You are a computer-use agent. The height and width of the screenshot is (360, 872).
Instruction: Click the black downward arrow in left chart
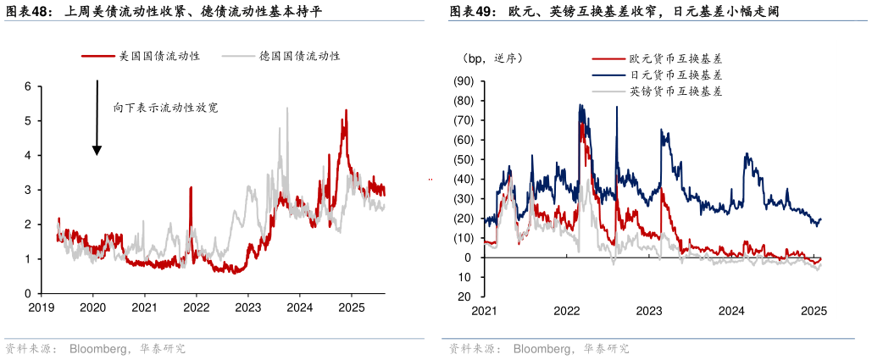tap(97, 119)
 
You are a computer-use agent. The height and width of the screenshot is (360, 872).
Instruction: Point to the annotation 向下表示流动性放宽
tap(166, 108)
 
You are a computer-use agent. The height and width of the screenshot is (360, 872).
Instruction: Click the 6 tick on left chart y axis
tap(28, 86)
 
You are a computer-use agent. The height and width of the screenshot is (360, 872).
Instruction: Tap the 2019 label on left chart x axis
tap(41, 307)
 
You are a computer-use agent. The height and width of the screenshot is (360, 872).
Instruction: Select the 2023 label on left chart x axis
tap(247, 307)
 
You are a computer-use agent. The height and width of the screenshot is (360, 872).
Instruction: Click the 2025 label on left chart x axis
tap(352, 307)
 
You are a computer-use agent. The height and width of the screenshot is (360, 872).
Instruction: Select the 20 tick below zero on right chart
tap(467, 297)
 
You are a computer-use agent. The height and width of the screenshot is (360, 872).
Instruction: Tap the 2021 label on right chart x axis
tap(484, 312)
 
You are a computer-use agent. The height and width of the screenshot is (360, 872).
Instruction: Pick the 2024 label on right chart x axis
tap(731, 312)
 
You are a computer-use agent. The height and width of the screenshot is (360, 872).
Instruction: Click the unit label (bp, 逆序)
tap(492, 58)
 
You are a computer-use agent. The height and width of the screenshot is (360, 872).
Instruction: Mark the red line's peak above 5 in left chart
tap(346, 111)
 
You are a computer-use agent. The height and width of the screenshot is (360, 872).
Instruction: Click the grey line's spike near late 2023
tap(286, 108)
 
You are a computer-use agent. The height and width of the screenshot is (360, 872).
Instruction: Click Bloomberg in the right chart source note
tap(541, 349)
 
